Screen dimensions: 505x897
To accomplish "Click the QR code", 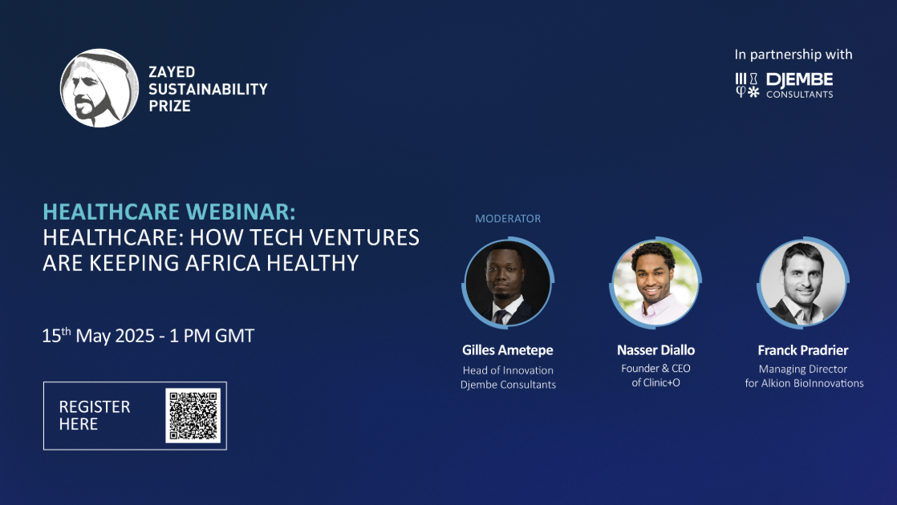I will (x=193, y=415).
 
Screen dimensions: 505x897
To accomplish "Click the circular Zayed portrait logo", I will (x=99, y=88).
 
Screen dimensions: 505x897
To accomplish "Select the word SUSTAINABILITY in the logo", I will (x=208, y=88).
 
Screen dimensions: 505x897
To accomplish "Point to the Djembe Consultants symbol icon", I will (x=747, y=86).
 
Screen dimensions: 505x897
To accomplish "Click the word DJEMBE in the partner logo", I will (x=799, y=80).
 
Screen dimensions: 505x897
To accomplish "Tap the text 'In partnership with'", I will (x=793, y=55).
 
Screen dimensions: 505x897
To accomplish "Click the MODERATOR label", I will (x=508, y=218).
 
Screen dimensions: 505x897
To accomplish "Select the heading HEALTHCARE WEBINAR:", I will (x=169, y=212).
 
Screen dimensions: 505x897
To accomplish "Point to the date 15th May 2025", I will (x=98, y=336).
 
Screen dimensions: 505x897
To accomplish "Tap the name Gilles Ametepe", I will (x=508, y=350).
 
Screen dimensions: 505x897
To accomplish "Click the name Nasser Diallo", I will (x=655, y=350).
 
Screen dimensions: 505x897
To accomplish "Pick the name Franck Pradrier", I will (x=803, y=350).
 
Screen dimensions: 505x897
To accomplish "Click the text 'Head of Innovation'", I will (x=508, y=370).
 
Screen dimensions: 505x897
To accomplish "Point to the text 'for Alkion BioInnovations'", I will (x=804, y=383).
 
